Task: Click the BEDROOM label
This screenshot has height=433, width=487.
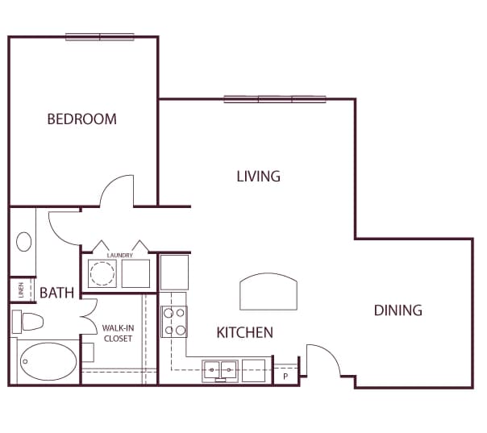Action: pyautogui.click(x=82, y=119)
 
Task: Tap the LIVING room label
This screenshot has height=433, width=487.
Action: pyautogui.click(x=258, y=177)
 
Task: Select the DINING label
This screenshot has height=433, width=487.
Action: pyautogui.click(x=398, y=310)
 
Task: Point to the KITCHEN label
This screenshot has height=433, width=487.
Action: pyautogui.click(x=245, y=333)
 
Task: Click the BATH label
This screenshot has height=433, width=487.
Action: pyautogui.click(x=57, y=293)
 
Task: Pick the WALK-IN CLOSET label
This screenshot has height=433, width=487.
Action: pyautogui.click(x=118, y=333)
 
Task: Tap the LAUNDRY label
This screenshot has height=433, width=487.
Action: pyautogui.click(x=120, y=256)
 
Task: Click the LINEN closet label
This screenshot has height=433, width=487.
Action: pyautogui.click(x=21, y=289)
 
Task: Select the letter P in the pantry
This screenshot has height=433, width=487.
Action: pyautogui.click(x=285, y=377)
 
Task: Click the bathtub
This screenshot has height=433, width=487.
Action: pyautogui.click(x=48, y=361)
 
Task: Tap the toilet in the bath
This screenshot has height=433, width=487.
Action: pyautogui.click(x=27, y=322)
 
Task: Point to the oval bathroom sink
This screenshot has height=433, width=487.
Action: pyautogui.click(x=24, y=242)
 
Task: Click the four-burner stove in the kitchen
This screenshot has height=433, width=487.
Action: pyautogui.click(x=174, y=322)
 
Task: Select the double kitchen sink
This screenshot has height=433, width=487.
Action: pyautogui.click(x=220, y=371)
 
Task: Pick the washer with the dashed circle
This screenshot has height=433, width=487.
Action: pyautogui.click(x=102, y=273)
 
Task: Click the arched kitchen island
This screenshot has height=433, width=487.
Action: pyautogui.click(x=268, y=291)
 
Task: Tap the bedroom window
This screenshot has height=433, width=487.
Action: pyautogui.click(x=100, y=37)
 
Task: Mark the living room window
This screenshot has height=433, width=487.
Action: pyautogui.click(x=275, y=99)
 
